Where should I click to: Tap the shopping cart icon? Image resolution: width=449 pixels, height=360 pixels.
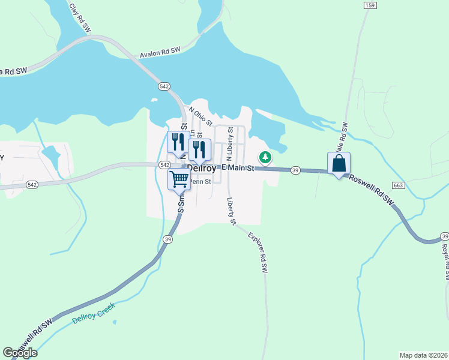click(179, 179)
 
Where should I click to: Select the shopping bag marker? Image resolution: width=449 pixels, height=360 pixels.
click(339, 163)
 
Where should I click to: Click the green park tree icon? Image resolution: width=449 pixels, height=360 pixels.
click(264, 157)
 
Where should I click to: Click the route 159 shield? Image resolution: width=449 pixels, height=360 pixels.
click(370, 5)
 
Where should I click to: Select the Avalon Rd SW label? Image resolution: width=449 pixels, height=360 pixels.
click(160, 53)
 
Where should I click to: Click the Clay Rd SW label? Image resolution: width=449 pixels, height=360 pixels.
click(82, 17)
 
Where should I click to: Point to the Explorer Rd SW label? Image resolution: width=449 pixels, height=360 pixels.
click(256, 250)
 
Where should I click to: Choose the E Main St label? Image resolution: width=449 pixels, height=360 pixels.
click(238, 168)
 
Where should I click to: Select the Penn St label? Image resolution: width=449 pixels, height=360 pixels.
click(200, 181)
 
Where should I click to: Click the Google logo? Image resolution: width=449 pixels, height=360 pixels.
click(20, 353)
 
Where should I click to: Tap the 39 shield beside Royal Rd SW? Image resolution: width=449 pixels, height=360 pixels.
click(444, 236)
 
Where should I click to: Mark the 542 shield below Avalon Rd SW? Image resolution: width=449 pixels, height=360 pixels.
click(164, 86)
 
